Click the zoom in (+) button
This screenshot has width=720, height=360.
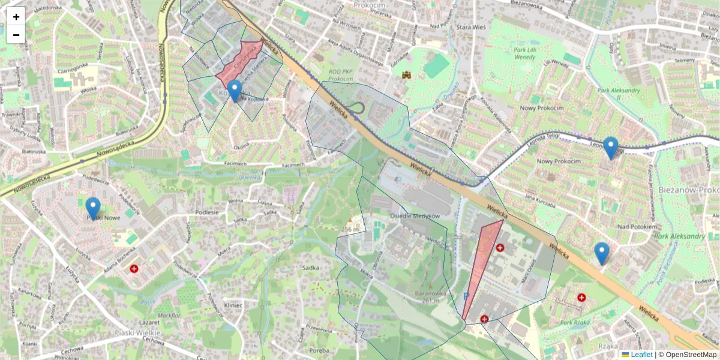(16, 17)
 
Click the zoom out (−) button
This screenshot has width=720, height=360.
(16, 35)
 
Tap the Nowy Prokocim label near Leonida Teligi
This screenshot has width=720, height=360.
(559, 161)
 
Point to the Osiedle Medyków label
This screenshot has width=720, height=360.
(415, 216)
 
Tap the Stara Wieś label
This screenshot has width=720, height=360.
(471, 28)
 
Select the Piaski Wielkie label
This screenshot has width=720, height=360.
(137, 332)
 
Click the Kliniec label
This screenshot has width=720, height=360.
(233, 305)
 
